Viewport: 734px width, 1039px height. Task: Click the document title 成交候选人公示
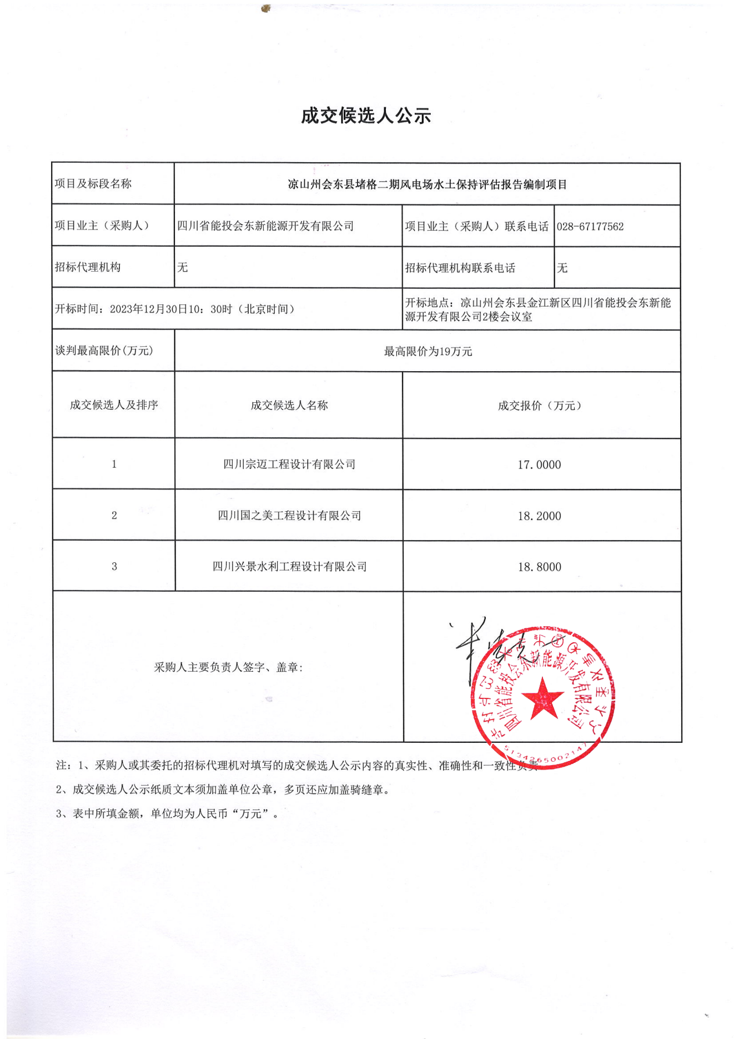pyautogui.click(x=366, y=116)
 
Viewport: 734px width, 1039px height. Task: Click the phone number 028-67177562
pyautogui.click(x=590, y=227)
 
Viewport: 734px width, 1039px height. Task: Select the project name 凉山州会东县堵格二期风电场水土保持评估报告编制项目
pyautogui.click(x=427, y=184)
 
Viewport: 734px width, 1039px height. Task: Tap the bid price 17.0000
pyautogui.click(x=539, y=464)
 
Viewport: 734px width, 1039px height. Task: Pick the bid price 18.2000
pyautogui.click(x=539, y=516)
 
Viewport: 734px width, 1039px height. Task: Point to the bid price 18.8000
pyautogui.click(x=539, y=567)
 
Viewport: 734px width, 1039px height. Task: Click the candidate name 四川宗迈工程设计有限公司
pyautogui.click(x=289, y=464)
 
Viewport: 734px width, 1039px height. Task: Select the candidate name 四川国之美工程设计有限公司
pyautogui.click(x=289, y=516)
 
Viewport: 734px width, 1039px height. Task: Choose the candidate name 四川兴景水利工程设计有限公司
pyautogui.click(x=289, y=567)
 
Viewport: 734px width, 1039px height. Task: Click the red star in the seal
pyautogui.click(x=542, y=698)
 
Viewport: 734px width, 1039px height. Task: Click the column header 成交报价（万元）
pyautogui.click(x=539, y=406)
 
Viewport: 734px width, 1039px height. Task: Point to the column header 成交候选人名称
pyautogui.click(x=289, y=406)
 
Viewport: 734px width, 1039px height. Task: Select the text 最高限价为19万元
pyautogui.click(x=428, y=351)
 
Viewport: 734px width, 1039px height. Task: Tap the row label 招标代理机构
pyautogui.click(x=88, y=267)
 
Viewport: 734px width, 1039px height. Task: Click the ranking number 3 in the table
pyautogui.click(x=114, y=567)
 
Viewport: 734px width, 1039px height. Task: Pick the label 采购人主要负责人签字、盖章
pyautogui.click(x=228, y=667)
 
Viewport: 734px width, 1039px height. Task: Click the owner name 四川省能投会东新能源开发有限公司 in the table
pyautogui.click(x=265, y=226)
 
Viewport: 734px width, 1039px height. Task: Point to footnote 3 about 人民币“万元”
pyautogui.click(x=167, y=813)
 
